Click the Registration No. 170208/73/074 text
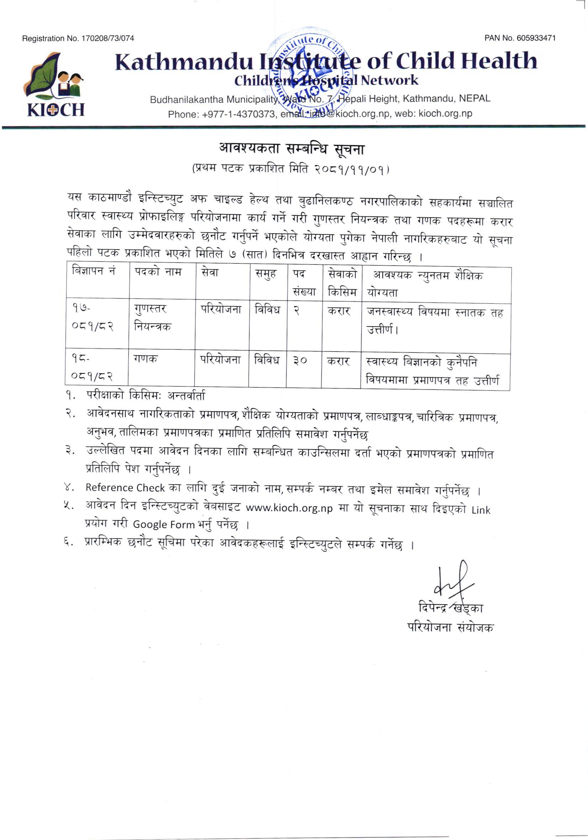click(78, 38)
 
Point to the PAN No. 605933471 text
click(520, 38)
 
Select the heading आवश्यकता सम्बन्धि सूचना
click(292, 148)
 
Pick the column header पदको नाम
click(158, 273)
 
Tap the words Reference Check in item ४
click(125, 488)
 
